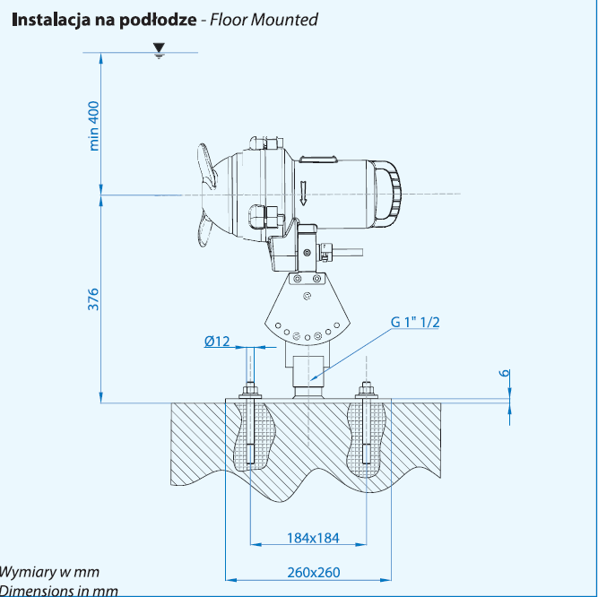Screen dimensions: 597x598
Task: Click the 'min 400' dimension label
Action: (93, 125)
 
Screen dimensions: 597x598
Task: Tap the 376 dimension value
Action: (93, 298)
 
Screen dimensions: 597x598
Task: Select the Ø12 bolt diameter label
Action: (217, 341)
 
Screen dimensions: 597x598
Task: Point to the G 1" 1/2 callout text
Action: (414, 322)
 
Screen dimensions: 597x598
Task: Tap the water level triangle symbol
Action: (160, 48)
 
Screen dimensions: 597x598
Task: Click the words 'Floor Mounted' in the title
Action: (264, 19)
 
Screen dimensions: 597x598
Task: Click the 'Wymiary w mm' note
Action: (49, 571)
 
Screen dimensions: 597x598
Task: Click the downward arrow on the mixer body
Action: (305, 191)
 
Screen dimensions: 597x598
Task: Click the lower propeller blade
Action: (203, 230)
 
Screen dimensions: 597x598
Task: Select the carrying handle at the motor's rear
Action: (393, 191)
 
